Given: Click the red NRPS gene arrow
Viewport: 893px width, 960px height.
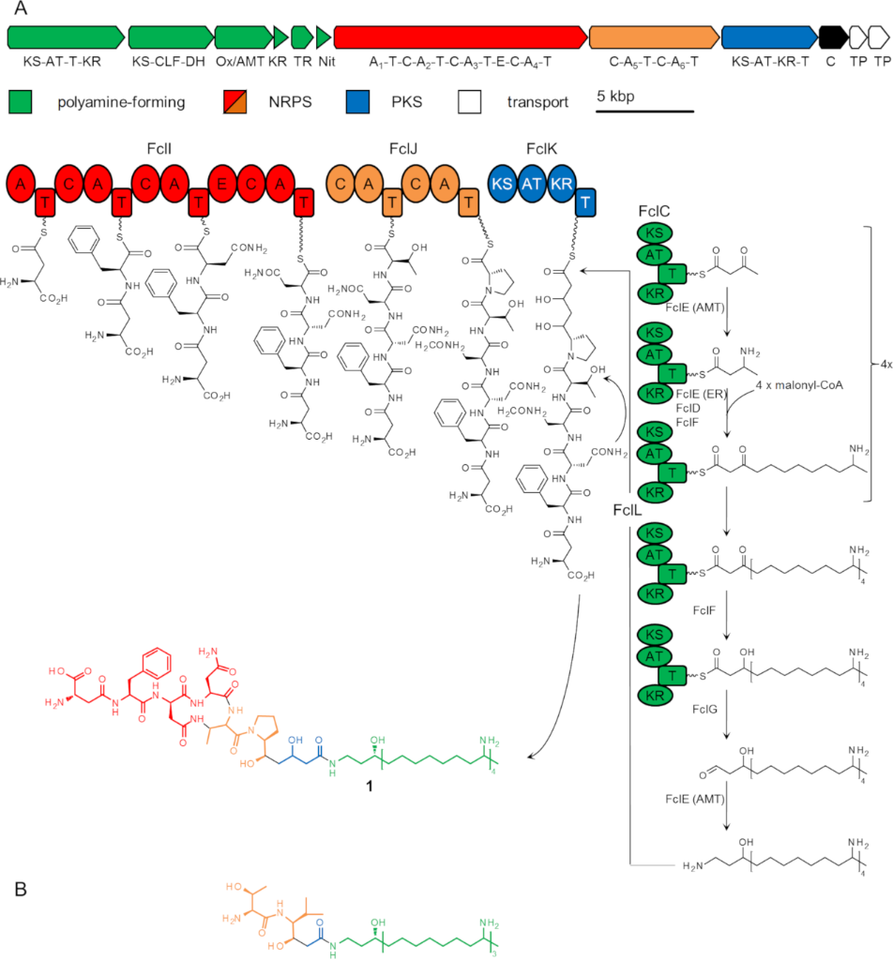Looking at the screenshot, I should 460,37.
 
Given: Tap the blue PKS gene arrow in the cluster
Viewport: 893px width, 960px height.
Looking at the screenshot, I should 768,37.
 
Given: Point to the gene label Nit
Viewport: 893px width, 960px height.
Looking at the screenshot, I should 325,61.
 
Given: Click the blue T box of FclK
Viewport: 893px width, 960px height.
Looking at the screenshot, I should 586,202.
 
